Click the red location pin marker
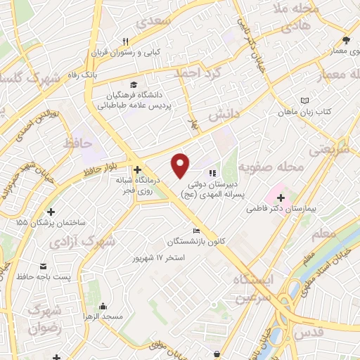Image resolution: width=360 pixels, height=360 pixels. (x=181, y=165)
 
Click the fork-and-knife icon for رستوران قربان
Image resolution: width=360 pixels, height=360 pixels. (x=125, y=41)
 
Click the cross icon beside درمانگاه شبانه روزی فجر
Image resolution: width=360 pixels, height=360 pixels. (x=138, y=169)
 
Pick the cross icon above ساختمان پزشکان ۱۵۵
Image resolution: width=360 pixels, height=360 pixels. (x=51, y=211)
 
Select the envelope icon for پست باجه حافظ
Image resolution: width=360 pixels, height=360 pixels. (x=44, y=266)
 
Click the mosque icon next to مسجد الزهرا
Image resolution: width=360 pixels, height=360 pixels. (x=104, y=306)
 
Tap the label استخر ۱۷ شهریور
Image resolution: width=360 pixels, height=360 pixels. (x=160, y=257)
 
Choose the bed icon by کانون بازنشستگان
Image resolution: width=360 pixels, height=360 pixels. (x=197, y=231)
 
